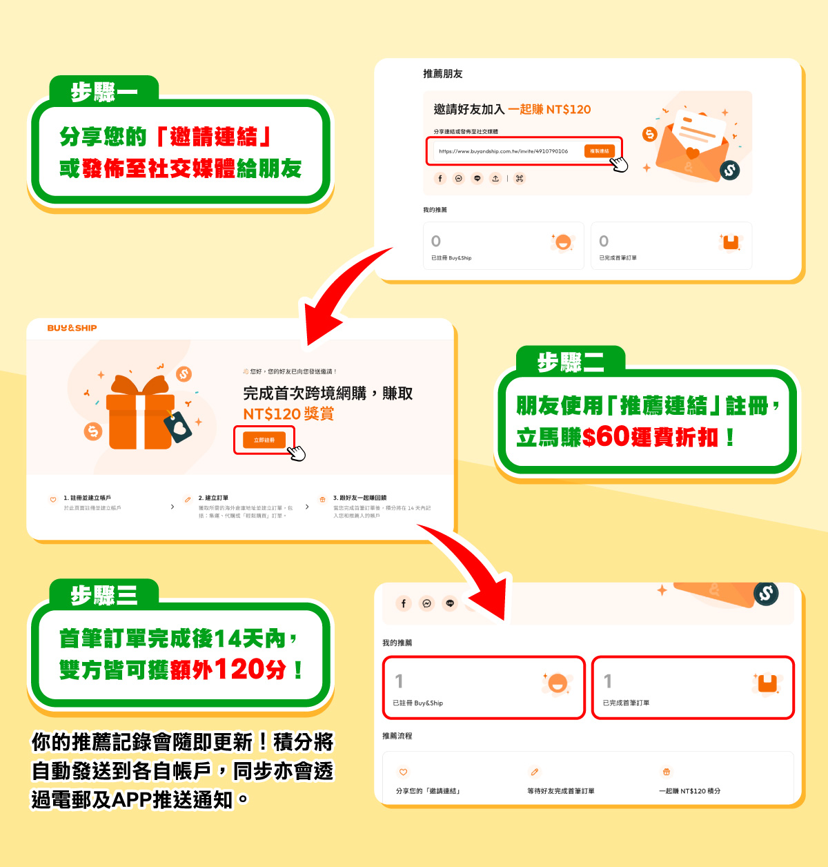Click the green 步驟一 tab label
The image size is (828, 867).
[104, 91]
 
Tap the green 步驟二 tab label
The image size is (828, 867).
[571, 362]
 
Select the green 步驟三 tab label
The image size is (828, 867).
[104, 594]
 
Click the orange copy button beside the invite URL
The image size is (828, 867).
[599, 151]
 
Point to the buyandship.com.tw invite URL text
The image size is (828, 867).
[503, 151]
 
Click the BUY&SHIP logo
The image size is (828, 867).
[72, 328]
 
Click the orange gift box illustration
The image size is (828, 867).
[140, 414]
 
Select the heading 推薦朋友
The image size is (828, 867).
[442, 74]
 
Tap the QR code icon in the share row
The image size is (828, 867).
[520, 179]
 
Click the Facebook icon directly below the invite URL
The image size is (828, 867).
[440, 179]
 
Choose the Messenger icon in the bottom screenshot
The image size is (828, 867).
[426, 603]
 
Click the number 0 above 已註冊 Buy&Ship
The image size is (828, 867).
[435, 241]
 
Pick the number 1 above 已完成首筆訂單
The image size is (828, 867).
[608, 681]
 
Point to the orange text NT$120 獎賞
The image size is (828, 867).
[288, 414]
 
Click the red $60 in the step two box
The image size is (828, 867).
[605, 436]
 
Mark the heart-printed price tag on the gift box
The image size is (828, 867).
[178, 427]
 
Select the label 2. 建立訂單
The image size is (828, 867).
[213, 498]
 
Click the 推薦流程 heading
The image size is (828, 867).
[397, 736]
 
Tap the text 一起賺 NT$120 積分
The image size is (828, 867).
[689, 791]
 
